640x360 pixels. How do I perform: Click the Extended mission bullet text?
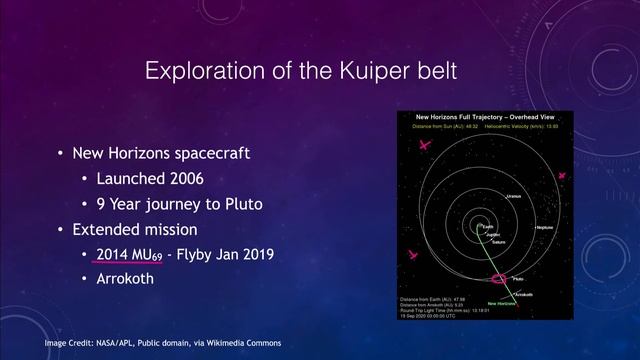(137, 229)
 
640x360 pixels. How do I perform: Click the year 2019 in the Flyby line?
(254, 254)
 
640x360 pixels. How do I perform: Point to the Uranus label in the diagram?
(513, 195)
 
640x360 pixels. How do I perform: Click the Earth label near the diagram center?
(486, 227)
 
